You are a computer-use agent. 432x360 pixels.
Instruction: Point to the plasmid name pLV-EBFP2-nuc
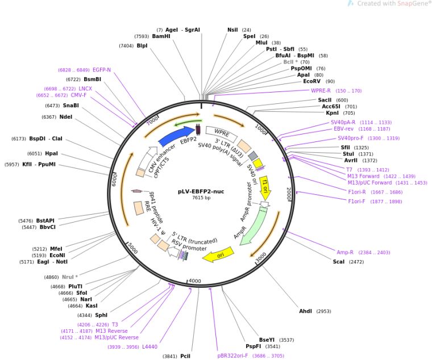(x=200, y=191)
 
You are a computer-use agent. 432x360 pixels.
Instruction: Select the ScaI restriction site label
(x=340, y=262)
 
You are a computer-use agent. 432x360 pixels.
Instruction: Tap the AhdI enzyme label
(x=306, y=311)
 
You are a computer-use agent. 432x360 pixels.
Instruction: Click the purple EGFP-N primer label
(x=102, y=70)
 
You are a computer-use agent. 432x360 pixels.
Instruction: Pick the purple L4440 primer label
(x=150, y=346)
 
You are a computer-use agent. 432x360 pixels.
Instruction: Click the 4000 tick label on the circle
(x=195, y=281)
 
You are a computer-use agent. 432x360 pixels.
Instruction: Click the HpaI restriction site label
(x=51, y=153)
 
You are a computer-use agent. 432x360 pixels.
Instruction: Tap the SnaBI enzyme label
(x=71, y=105)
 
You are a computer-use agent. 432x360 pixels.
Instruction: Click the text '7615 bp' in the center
(x=201, y=198)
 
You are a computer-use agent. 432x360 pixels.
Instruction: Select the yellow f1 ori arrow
(x=265, y=186)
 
